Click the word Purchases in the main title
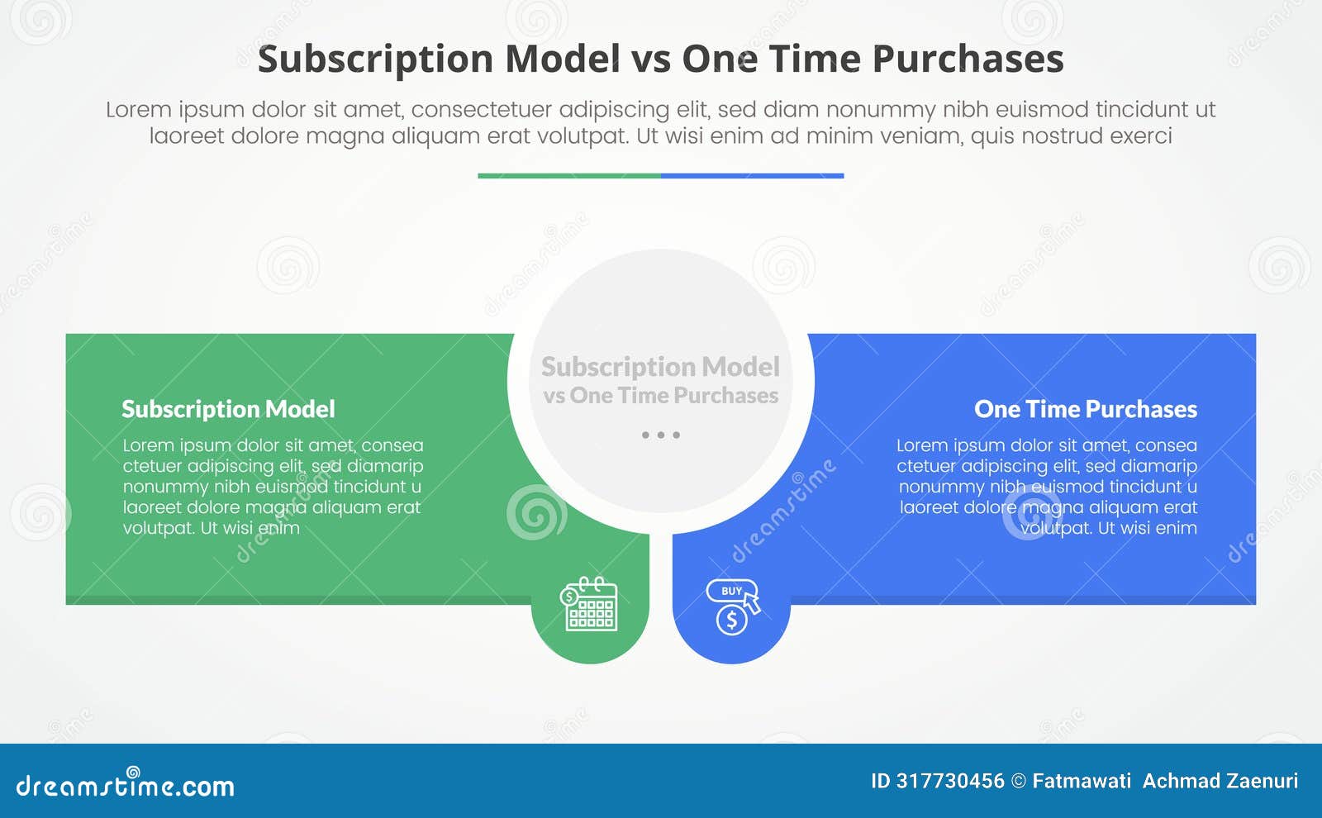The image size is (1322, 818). (968, 59)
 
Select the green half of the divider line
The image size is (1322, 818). (568, 175)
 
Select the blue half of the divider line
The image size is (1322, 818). (752, 175)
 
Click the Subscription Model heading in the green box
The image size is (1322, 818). (228, 409)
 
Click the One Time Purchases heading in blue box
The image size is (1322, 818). (1085, 409)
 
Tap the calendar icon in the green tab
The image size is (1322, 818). (590, 605)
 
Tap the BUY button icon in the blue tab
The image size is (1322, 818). (730, 591)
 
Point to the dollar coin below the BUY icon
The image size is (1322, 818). (731, 620)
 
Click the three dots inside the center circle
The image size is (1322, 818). (660, 435)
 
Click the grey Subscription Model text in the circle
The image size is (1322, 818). (660, 366)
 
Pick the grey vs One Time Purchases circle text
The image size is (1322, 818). (660, 396)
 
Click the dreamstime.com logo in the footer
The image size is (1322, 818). (125, 784)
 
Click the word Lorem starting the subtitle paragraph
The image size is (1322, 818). (138, 109)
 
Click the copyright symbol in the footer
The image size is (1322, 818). (1019, 781)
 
